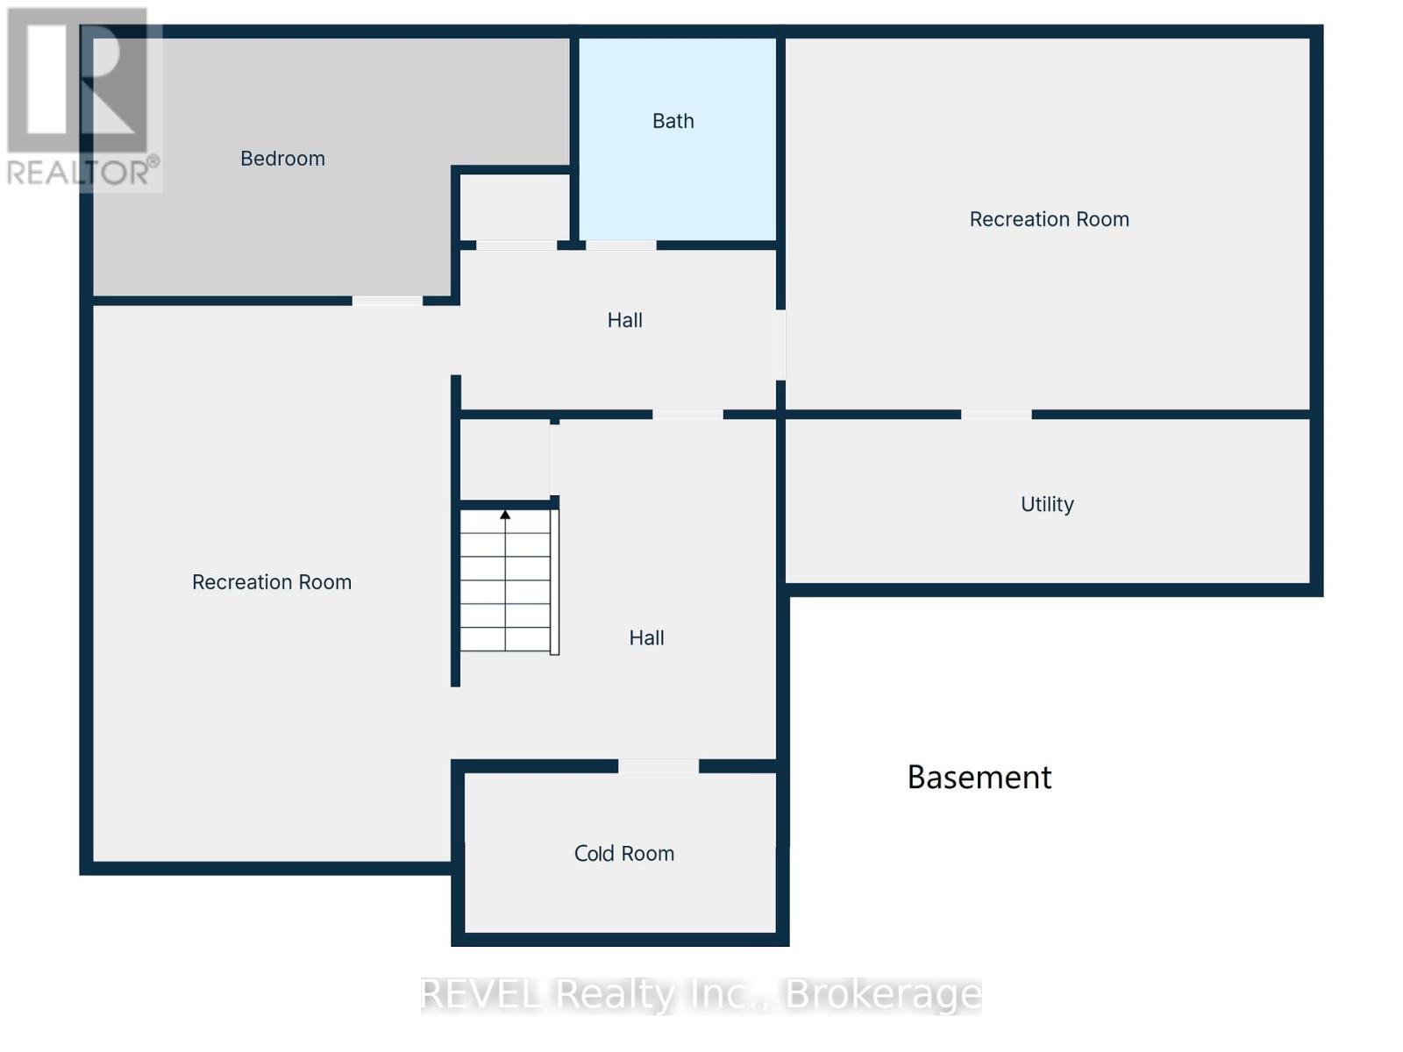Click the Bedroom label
tap(282, 159)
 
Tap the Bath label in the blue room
tap(673, 121)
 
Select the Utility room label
tap(1047, 504)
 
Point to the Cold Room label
tap(623, 854)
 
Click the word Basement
tap(979, 778)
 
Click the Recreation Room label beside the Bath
tap(1049, 219)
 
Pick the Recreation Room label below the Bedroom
tap(271, 582)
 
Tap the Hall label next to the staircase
tap(646, 638)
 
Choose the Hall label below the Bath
tap(624, 321)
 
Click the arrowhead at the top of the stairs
tap(505, 515)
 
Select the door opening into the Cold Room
tap(659, 766)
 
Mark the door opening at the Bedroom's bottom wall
tap(387, 301)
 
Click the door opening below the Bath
tap(621, 245)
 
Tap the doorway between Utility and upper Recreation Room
tap(996, 414)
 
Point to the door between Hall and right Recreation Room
tap(780, 345)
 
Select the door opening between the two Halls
tap(687, 414)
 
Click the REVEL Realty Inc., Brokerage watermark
tap(701, 994)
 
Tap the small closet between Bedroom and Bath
tap(516, 207)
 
